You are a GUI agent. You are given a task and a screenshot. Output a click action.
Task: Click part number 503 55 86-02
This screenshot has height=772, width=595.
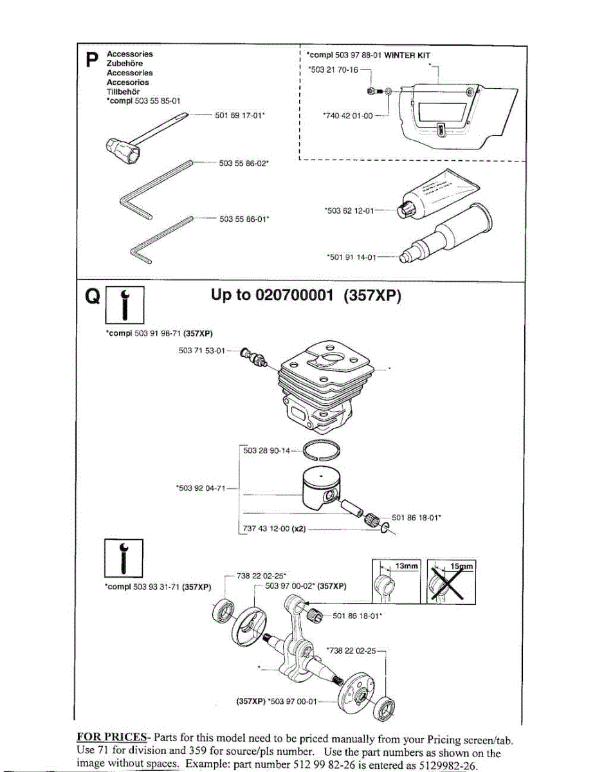(x=243, y=163)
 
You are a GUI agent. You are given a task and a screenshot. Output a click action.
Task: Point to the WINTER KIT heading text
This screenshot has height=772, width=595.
(x=407, y=56)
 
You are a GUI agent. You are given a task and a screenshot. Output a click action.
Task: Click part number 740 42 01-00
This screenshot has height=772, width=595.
(x=347, y=116)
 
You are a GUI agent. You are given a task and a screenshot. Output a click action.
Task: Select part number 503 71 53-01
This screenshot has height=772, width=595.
(x=201, y=351)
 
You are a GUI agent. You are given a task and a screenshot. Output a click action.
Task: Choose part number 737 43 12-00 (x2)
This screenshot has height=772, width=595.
(x=273, y=529)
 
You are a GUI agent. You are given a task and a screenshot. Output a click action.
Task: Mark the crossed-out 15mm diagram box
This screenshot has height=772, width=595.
(x=451, y=582)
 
